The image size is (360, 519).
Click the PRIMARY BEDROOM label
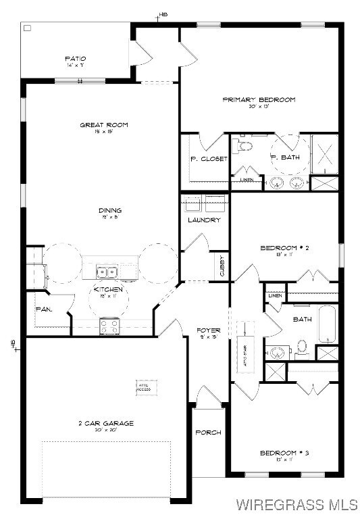pyautogui.click(x=259, y=100)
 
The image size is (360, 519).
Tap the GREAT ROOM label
pyautogui.click(x=104, y=125)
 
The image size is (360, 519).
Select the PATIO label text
pyautogui.click(x=75, y=59)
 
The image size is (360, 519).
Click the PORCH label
pyautogui.click(x=208, y=432)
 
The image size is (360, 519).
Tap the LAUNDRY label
pyautogui.click(x=204, y=220)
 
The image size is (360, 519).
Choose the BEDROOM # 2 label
pyautogui.click(x=284, y=248)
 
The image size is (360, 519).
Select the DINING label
pyautogui.click(x=109, y=210)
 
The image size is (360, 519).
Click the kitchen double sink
pyautogui.click(x=107, y=272)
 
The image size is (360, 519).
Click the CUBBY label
pyautogui.click(x=222, y=264)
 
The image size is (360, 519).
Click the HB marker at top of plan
pyautogui.click(x=163, y=14)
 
